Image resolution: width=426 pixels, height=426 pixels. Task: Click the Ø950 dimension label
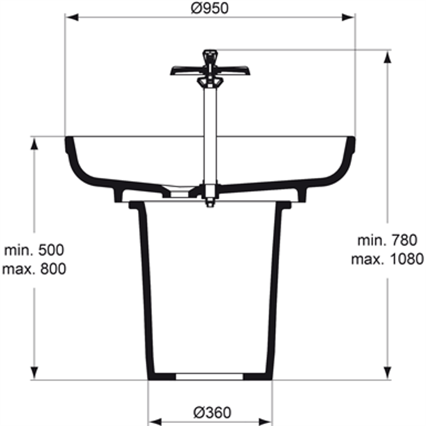click(x=210, y=8)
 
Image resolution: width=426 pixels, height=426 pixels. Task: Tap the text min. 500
click(x=33, y=251)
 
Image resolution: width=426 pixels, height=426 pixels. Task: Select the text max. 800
click(x=33, y=268)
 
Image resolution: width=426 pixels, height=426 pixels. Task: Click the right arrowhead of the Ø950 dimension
click(x=348, y=17)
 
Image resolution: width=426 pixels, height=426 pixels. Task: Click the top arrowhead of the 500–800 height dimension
click(x=34, y=143)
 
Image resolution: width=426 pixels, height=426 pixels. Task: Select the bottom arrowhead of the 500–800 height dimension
click(x=34, y=374)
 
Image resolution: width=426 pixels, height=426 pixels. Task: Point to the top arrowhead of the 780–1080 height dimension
click(x=386, y=56)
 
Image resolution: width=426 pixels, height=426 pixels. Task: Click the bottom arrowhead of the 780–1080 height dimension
click(x=386, y=374)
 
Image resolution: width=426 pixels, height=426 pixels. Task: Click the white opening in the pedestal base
click(x=210, y=377)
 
